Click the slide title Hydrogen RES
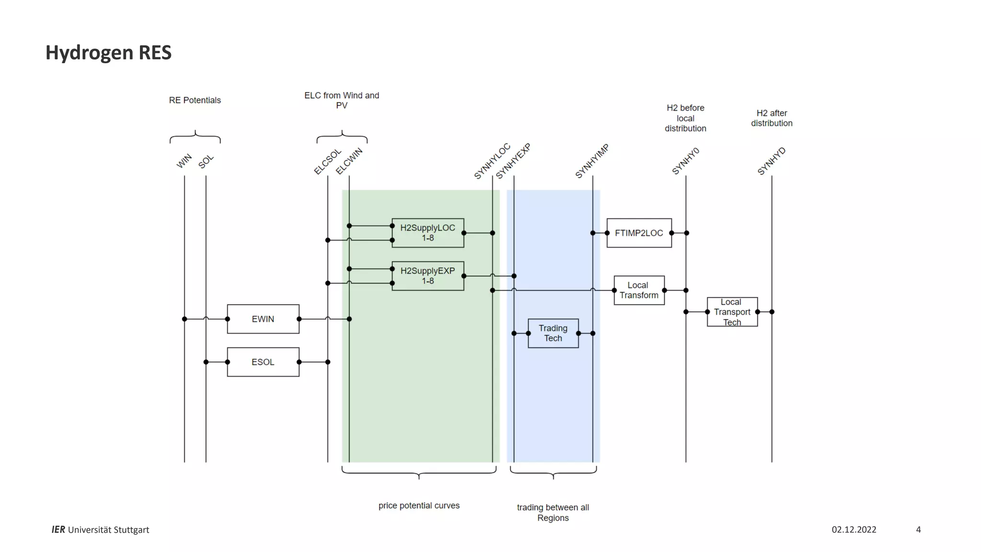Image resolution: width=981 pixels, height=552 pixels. coord(108,53)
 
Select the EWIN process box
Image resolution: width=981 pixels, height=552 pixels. coord(263,319)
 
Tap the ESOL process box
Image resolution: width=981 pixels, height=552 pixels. coord(263,362)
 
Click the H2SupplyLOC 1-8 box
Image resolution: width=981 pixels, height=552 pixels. coord(428,233)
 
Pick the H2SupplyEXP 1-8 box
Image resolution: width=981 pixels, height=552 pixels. coord(428,276)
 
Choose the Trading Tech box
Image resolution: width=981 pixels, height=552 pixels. coord(553,333)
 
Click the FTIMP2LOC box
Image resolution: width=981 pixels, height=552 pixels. coord(639,233)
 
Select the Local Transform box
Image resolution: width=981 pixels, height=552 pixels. coord(639,290)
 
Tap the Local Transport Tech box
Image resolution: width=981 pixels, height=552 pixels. coord(732,312)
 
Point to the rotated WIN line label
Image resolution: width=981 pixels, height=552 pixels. coord(184,161)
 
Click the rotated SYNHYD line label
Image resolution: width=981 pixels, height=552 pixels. coord(771,161)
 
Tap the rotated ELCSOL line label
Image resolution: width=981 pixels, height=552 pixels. coord(328,161)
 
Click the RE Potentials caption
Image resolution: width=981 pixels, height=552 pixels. coord(195,100)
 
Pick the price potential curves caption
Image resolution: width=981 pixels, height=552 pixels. coord(419,506)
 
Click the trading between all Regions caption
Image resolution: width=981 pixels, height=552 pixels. coord(553,513)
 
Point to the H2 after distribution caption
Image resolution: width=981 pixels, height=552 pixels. coord(772,118)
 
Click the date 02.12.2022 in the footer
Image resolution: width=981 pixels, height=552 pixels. coord(854,529)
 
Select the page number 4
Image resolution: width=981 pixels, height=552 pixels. coord(918,529)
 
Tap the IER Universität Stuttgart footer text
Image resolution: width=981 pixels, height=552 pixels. coord(101,529)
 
